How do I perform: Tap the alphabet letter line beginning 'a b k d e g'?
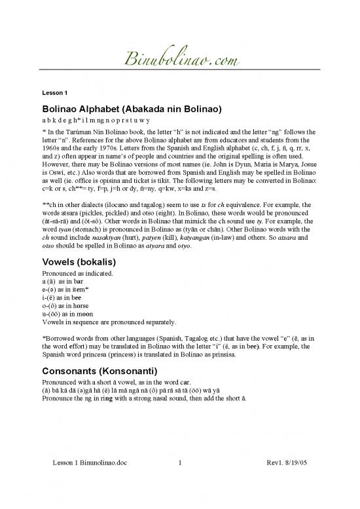pyautogui.click(x=96, y=121)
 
